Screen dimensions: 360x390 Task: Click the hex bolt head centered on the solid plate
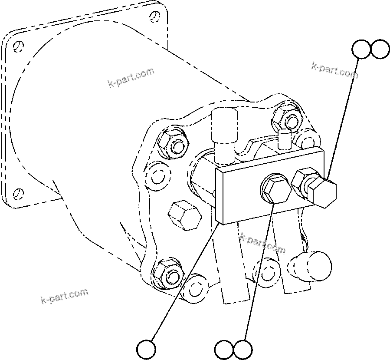click(276, 190)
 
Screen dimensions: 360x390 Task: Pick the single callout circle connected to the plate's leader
click(146, 349)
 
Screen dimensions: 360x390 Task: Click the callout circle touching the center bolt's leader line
click(243, 349)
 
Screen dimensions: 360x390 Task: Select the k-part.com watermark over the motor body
click(131, 77)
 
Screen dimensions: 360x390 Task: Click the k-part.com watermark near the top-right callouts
click(335, 70)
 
